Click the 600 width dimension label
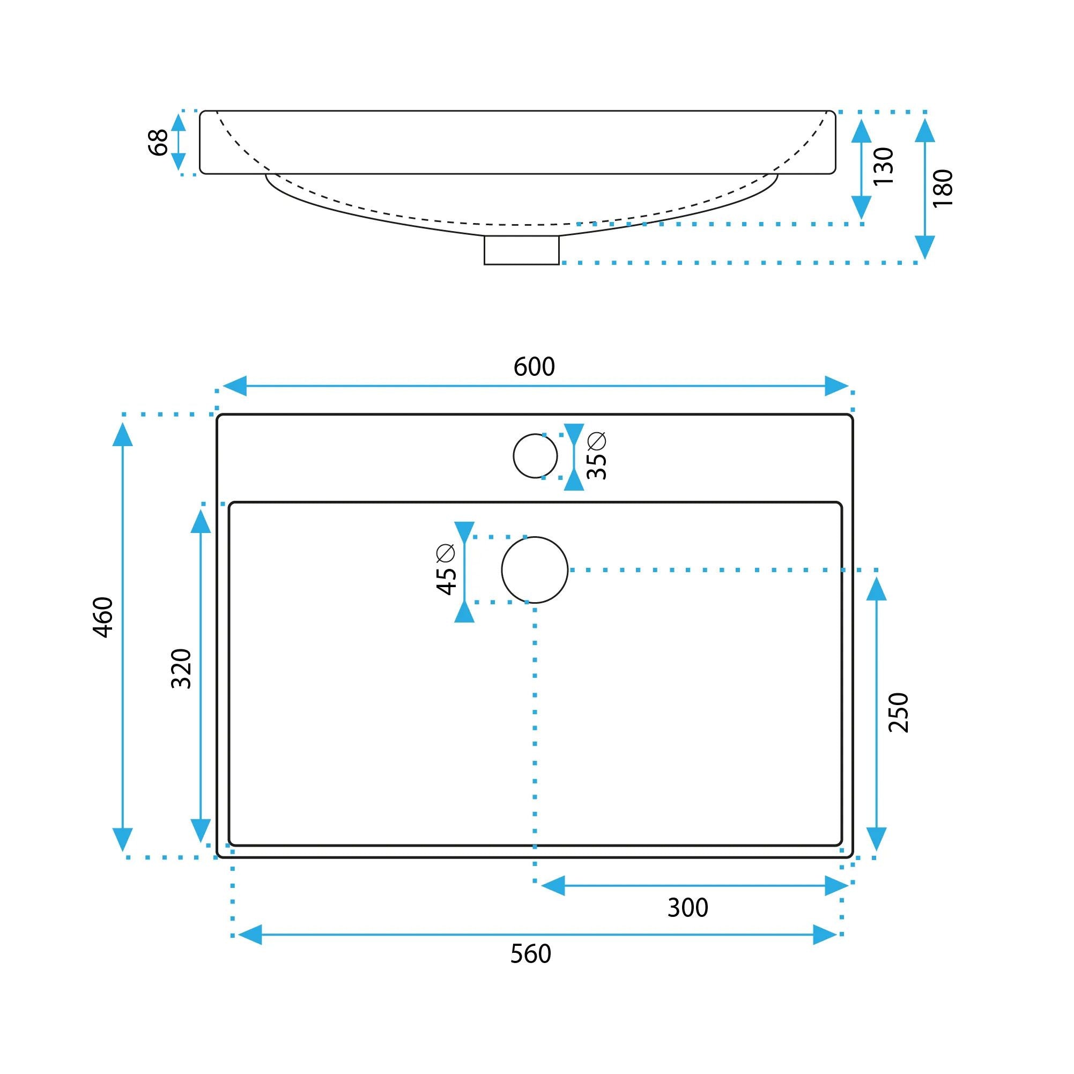click(534, 367)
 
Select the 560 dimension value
click(530, 954)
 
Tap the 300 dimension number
click(687, 908)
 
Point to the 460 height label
click(103, 617)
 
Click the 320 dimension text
click(181, 669)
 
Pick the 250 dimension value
click(898, 713)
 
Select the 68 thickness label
click(158, 143)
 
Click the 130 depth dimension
click(883, 166)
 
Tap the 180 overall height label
click(943, 188)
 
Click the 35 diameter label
click(596, 455)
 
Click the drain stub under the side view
click(521, 250)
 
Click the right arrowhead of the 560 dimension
click(825, 935)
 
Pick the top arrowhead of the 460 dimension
click(122, 434)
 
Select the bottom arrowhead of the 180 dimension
click(924, 247)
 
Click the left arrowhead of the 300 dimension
click(553, 886)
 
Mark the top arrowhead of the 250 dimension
click(876, 589)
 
